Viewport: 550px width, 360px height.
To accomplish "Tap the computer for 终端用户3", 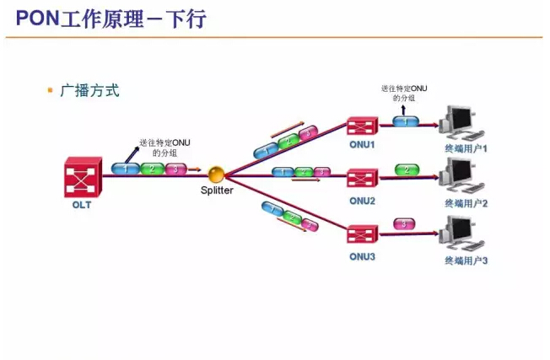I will (462, 233).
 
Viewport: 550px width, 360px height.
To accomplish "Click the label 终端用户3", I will (466, 261).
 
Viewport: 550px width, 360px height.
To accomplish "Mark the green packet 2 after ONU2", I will (407, 170).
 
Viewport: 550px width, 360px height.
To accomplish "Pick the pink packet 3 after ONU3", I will (405, 223).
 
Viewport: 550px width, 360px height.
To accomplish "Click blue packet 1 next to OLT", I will (126, 169).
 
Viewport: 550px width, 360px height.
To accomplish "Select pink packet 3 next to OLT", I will (175, 169).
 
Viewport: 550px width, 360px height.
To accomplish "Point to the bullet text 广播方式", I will (89, 90).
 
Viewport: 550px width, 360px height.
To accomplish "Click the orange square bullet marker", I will (51, 89).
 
